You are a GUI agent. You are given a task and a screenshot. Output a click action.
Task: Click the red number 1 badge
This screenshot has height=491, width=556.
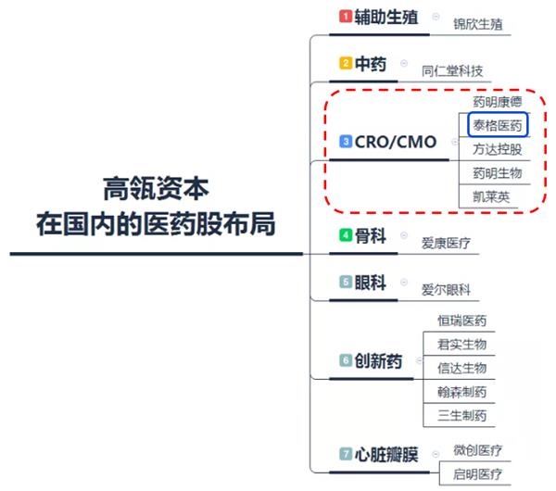(346, 17)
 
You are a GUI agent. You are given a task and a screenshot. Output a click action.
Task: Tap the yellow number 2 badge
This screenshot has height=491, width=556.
(346, 63)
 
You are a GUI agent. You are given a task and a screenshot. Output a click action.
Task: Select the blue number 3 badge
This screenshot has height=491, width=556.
(346, 141)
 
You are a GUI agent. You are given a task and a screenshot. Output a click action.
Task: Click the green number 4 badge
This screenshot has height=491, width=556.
(346, 235)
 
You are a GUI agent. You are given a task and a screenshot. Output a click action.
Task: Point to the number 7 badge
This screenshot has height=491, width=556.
(346, 454)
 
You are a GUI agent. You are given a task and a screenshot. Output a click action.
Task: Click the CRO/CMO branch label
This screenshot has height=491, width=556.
(396, 142)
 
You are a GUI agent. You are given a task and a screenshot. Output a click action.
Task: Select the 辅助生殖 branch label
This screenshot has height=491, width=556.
(386, 17)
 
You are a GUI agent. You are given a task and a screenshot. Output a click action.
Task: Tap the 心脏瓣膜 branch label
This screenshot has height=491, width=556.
(386, 455)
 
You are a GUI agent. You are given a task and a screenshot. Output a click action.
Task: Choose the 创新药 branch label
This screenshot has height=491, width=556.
(378, 361)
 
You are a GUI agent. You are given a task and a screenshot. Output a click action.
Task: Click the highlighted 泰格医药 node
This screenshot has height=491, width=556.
(498, 125)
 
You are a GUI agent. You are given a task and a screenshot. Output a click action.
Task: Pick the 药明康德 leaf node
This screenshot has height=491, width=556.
(498, 102)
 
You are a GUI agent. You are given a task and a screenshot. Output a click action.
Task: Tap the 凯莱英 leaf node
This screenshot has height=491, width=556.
(491, 196)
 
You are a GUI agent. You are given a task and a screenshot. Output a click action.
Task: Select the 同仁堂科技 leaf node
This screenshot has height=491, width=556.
(452, 71)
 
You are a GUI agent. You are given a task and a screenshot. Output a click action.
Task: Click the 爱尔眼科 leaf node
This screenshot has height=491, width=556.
(446, 290)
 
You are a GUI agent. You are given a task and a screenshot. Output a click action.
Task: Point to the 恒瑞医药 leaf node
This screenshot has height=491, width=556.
(462, 321)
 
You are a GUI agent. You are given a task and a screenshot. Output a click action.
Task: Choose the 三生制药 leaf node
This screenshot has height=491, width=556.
(462, 415)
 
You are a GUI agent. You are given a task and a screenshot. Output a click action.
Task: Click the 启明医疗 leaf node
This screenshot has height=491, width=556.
(477, 474)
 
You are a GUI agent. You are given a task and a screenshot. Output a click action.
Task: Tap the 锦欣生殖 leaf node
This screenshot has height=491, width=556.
(478, 24)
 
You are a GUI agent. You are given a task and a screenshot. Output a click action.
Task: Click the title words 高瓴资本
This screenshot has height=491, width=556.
(156, 189)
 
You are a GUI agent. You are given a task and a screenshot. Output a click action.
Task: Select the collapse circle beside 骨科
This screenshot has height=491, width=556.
(404, 235)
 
